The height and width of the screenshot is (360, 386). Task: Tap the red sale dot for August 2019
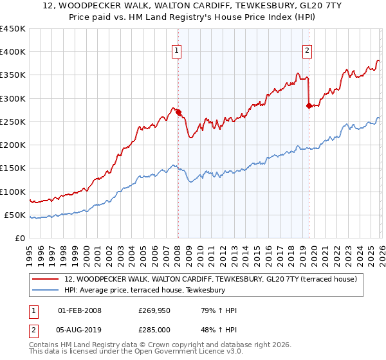[x=309, y=105]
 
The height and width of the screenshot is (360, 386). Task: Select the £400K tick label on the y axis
[x=13, y=52]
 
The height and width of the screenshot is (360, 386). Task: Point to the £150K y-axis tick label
[x=13, y=168]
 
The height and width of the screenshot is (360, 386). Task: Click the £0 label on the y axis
[x=21, y=239]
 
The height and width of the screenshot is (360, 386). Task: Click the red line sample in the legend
[x=46, y=279]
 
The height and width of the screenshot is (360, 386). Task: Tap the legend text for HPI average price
[x=145, y=290]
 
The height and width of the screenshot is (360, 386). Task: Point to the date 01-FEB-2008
[x=80, y=310]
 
